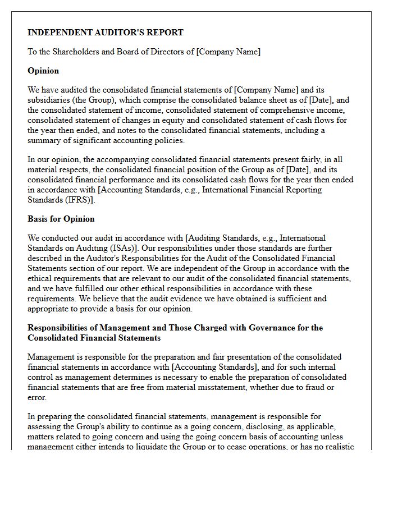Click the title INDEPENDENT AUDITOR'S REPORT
(x=106, y=33)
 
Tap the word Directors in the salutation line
(x=168, y=52)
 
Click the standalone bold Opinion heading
(x=43, y=71)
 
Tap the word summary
(x=44, y=140)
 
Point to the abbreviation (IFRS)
(x=80, y=200)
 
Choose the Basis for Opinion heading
(x=61, y=219)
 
